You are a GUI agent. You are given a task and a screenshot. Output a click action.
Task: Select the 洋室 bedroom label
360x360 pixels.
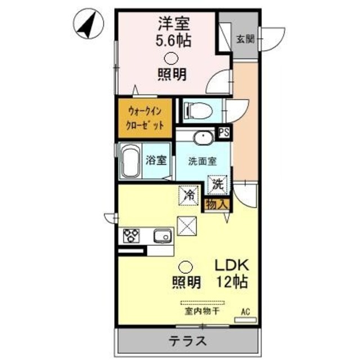[x=173, y=25]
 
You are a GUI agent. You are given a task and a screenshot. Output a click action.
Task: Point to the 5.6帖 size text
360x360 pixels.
[x=173, y=40]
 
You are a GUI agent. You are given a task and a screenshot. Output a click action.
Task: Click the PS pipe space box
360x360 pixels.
[x=224, y=133]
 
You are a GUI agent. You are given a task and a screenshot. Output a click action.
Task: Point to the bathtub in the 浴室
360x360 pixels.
[x=131, y=161]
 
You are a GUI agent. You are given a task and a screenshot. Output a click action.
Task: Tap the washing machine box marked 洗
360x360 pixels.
[x=218, y=183]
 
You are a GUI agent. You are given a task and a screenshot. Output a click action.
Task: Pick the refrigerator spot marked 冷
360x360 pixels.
[x=189, y=195]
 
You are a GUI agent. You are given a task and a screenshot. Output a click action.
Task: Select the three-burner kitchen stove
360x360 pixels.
[x=131, y=235]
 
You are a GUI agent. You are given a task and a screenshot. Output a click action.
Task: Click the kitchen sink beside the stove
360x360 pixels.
[x=162, y=236]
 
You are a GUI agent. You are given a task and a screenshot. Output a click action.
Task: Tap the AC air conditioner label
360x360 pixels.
[x=245, y=309]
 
